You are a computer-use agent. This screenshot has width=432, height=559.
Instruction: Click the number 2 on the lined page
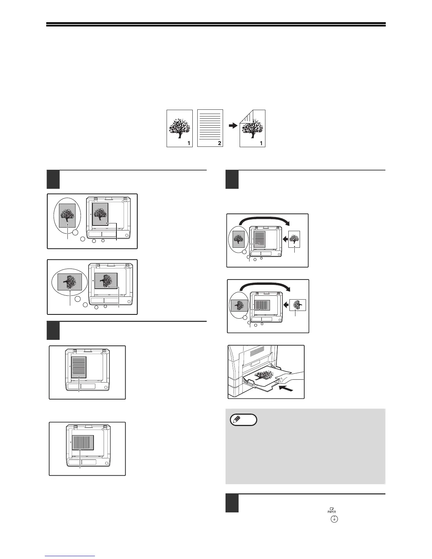pos(219,143)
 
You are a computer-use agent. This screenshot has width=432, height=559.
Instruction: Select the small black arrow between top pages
pos(233,125)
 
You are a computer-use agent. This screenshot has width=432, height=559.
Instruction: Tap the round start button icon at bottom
pos(334,519)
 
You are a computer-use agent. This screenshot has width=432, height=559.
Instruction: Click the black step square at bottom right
pos(232,504)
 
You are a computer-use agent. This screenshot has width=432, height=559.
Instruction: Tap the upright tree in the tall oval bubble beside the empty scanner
pos(67,215)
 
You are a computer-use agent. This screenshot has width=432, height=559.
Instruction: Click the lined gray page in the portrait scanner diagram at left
pos(79,367)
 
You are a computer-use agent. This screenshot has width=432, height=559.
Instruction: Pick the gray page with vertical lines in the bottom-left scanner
pos(83,442)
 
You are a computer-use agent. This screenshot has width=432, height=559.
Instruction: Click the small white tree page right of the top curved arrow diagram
pos(294,239)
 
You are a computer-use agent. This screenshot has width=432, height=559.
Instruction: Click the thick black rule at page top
pos(216,25)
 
